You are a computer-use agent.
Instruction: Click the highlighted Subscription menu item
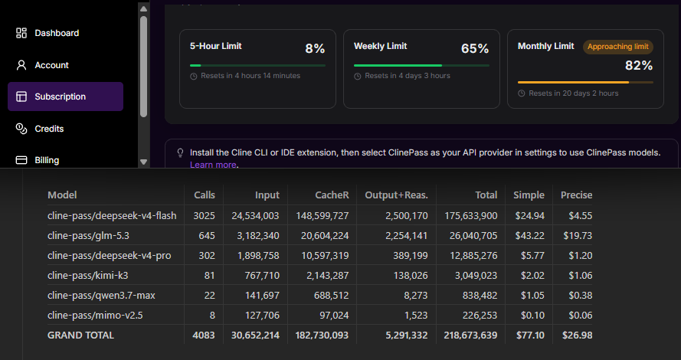pos(66,97)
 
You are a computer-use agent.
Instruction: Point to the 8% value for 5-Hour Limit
pos(315,48)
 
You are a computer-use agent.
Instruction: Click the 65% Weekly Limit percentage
pos(475,48)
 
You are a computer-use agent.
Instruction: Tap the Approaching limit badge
pos(617,47)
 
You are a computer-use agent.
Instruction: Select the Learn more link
pos(213,165)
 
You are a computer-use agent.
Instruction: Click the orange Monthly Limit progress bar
pos(573,82)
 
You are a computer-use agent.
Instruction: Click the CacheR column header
pos(332,195)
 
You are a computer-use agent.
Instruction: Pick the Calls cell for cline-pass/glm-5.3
pos(207,235)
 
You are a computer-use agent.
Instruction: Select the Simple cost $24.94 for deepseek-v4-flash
pos(529,215)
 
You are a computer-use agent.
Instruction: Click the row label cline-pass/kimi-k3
pos(88,275)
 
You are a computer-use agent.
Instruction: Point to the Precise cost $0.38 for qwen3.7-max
pos(580,296)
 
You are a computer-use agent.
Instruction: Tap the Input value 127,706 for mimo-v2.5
pos(262,316)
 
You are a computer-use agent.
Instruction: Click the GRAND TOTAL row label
pos(80,335)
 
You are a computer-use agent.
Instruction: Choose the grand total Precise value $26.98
pos(577,335)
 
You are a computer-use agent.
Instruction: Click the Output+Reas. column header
pos(396,195)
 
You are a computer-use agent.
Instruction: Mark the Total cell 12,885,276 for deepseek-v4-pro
pos(473,255)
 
